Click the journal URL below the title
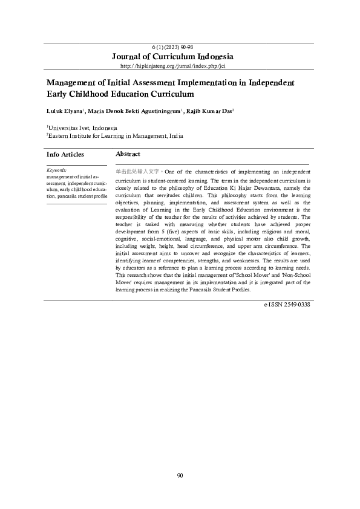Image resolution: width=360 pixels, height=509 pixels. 180,65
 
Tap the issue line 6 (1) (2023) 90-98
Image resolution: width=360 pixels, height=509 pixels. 180,47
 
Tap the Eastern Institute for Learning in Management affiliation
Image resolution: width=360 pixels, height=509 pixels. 116,136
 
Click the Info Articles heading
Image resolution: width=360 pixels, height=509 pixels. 65,155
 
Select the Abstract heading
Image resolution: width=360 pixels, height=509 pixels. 128,155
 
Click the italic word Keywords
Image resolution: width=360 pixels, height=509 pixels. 57,170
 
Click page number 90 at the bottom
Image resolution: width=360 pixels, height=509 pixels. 180,475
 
